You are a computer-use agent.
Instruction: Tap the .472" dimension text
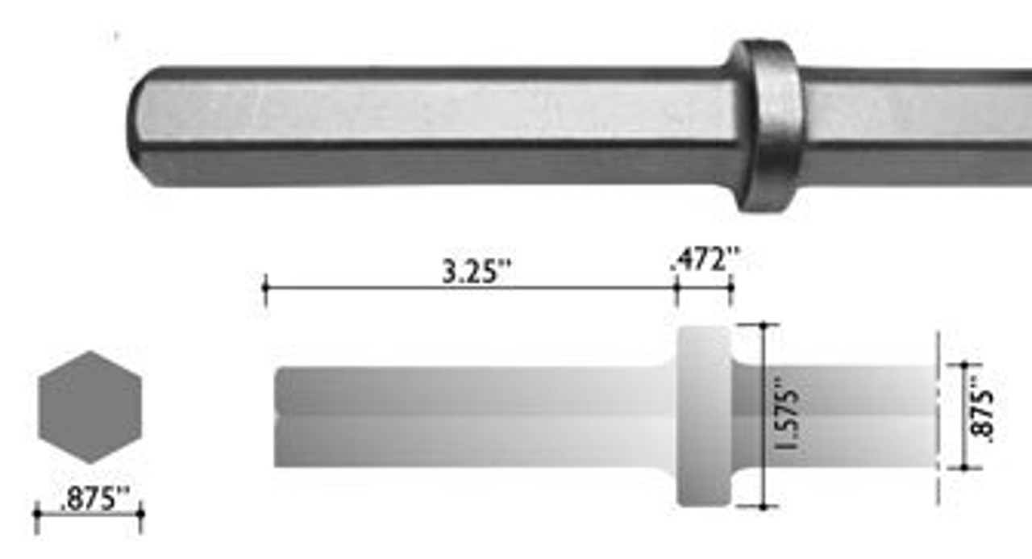pos(704,261)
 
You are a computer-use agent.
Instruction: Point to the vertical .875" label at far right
pos(984,409)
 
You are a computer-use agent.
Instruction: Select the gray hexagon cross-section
pos(89,407)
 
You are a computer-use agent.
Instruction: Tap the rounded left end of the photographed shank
pos(141,127)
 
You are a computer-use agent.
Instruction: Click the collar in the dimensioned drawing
pos(704,415)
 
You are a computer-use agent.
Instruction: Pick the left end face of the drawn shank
pos(277,417)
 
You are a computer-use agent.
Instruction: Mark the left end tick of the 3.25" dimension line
pos(265,290)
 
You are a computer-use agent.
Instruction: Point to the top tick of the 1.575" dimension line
pos(763,324)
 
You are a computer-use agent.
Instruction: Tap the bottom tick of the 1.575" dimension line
pos(763,507)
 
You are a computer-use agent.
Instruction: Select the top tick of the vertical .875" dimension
pos(963,365)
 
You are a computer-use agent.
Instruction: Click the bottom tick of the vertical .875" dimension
pos(963,467)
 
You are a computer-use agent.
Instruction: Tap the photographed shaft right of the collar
pos(911,125)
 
